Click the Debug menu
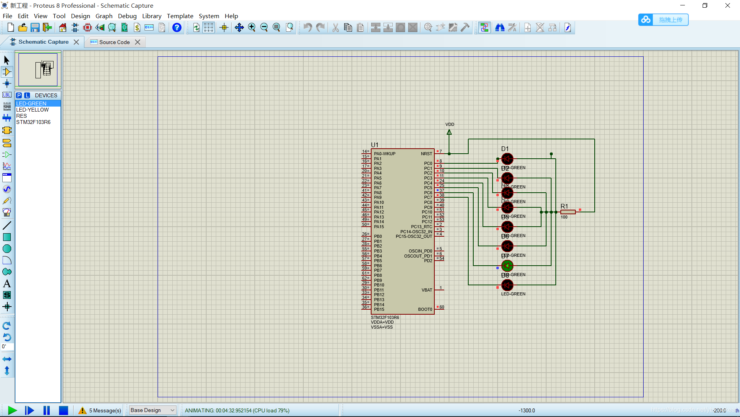click(127, 16)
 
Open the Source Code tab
click(114, 42)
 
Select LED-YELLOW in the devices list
click(32, 110)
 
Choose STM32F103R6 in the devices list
click(33, 122)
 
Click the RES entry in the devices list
click(22, 116)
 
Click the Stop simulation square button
click(64, 410)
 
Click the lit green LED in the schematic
click(507, 266)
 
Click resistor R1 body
click(568, 212)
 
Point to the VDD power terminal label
click(450, 124)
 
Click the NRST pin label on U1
click(426, 154)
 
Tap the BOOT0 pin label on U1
click(425, 309)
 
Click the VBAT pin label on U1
click(427, 290)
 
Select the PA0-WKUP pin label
click(385, 154)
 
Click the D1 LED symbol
click(507, 159)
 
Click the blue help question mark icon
click(177, 27)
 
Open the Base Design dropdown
click(152, 410)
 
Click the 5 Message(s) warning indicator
click(100, 410)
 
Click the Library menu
click(151, 16)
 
